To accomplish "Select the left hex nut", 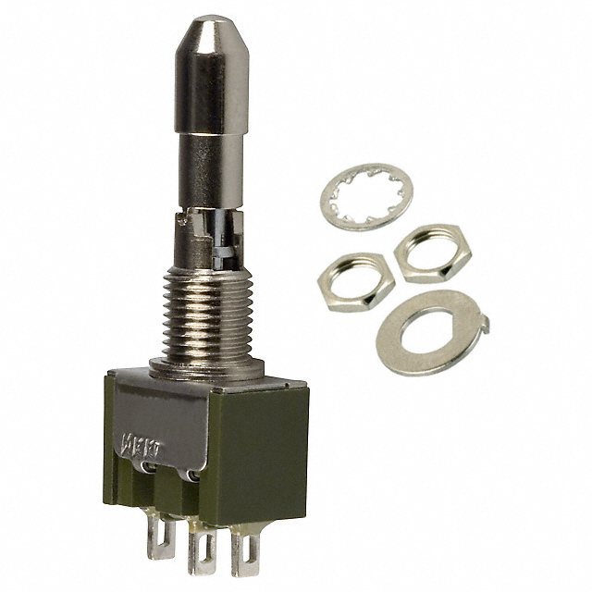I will coord(350,281).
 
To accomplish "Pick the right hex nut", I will coord(431,253).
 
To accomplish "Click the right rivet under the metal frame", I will coord(190,476).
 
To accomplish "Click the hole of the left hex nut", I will coord(349,279).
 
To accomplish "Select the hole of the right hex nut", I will coord(431,250).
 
